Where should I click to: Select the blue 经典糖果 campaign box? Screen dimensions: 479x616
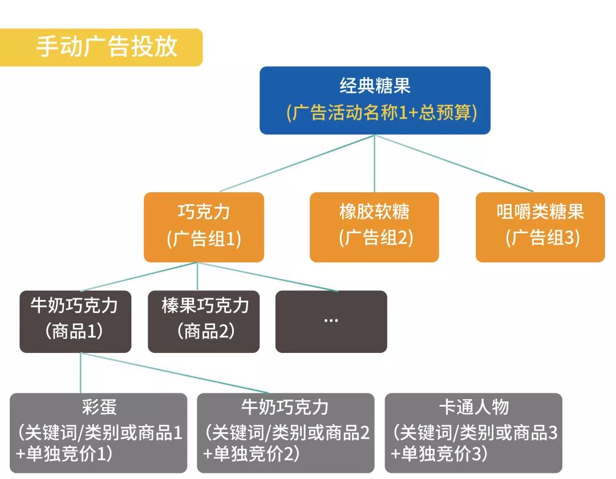pyautogui.click(x=375, y=100)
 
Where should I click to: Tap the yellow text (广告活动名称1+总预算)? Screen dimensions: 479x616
pyautogui.click(x=381, y=112)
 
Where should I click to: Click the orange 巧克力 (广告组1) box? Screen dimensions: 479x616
pyautogui.click(x=204, y=226)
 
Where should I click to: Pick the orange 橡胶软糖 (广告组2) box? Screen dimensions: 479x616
pyautogui.click(x=374, y=226)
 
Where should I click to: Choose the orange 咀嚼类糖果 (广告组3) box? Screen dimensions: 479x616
pyautogui.click(x=540, y=226)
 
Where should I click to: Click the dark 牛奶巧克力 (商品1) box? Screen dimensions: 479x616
pyautogui.click(x=75, y=321)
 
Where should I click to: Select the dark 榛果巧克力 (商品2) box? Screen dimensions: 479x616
pyautogui.click(x=204, y=321)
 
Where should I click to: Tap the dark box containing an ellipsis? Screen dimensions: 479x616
pyautogui.click(x=331, y=321)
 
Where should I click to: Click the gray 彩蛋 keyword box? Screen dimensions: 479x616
pyautogui.click(x=98, y=432)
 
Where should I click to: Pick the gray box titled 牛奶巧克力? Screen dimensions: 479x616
pyautogui.click(x=285, y=432)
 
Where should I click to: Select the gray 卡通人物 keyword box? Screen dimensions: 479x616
pyautogui.click(x=473, y=432)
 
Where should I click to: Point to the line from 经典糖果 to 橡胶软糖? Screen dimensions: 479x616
pyautogui.click(x=374, y=164)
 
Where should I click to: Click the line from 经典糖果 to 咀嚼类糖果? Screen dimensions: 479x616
pyautogui.click(x=453, y=164)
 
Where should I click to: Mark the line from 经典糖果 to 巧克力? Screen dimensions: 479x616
pyautogui.click(x=297, y=164)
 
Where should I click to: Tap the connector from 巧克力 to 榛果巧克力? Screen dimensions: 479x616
pyautogui.click(x=197, y=277)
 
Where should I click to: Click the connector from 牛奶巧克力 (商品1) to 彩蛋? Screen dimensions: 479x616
pyautogui.click(x=80, y=373)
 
